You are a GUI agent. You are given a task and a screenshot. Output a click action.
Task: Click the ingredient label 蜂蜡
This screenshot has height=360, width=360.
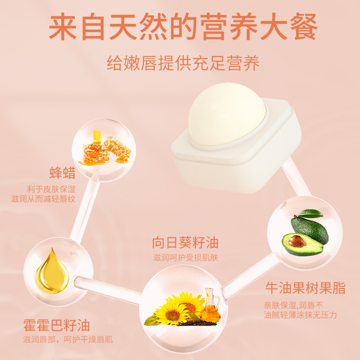[x=63, y=173]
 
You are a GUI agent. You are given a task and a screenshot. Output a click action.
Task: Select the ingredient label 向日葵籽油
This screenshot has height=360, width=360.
[x=185, y=243]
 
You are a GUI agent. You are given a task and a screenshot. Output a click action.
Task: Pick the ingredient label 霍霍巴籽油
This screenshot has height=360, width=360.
[x=57, y=325]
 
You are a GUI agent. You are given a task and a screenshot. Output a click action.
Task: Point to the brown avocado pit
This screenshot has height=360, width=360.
[x=297, y=242]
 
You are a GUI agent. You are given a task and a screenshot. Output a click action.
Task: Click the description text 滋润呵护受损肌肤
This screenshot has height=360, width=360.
[x=185, y=258]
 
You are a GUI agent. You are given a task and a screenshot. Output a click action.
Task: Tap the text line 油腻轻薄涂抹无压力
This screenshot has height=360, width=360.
[x=300, y=315]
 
